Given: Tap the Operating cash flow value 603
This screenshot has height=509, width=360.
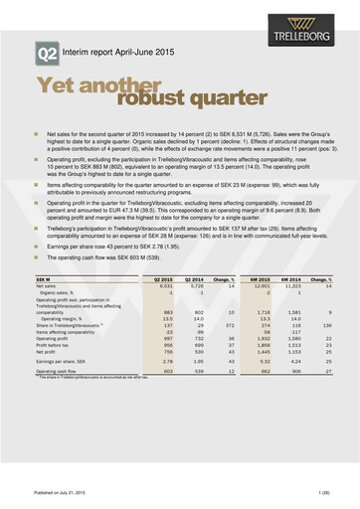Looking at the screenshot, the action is point(167,370).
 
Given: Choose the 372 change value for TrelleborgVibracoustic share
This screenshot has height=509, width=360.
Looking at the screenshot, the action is point(226,324).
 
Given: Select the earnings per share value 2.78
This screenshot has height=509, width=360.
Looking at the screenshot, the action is point(166,361).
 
